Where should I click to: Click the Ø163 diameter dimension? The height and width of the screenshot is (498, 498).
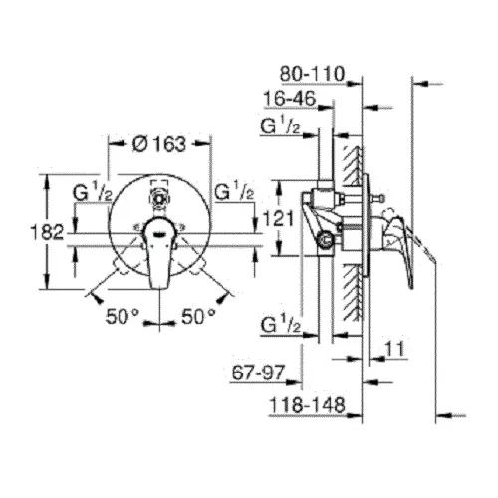pyautogui.click(x=159, y=143)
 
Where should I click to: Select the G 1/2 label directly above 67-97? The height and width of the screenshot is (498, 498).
pyautogui.click(x=281, y=323)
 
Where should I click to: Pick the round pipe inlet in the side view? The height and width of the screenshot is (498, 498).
pyautogui.click(x=325, y=240)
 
